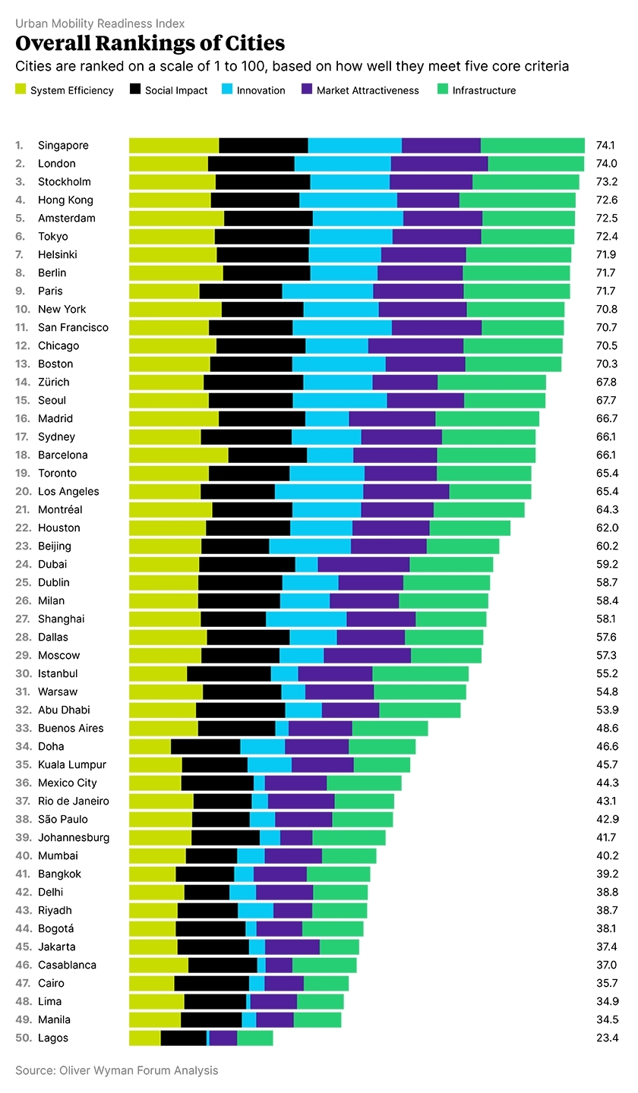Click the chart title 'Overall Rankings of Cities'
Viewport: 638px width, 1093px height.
[150, 43]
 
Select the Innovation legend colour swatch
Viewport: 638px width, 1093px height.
[227, 90]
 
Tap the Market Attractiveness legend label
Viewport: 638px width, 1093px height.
[368, 90]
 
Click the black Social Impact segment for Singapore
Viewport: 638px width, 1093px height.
[264, 145]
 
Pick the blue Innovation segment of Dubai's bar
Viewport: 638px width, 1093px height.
[306, 564]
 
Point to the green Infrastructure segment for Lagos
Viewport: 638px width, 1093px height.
[255, 1038]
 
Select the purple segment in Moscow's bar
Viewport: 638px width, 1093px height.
[367, 655]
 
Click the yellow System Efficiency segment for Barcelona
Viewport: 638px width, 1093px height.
[178, 455]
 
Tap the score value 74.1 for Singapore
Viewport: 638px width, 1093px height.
[605, 145]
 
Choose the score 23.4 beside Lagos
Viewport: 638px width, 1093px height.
[606, 1038]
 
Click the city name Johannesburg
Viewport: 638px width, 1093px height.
[74, 837]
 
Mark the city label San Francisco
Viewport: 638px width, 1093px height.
[73, 327]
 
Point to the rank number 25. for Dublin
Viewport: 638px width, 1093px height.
[23, 582]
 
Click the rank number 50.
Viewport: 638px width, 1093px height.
[23, 1038]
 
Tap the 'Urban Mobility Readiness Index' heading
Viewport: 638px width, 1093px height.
[99, 24]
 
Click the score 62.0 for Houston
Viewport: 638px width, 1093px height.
[607, 528]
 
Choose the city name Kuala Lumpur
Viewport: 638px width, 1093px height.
[72, 764]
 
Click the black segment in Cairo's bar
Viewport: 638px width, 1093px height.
[211, 983]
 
